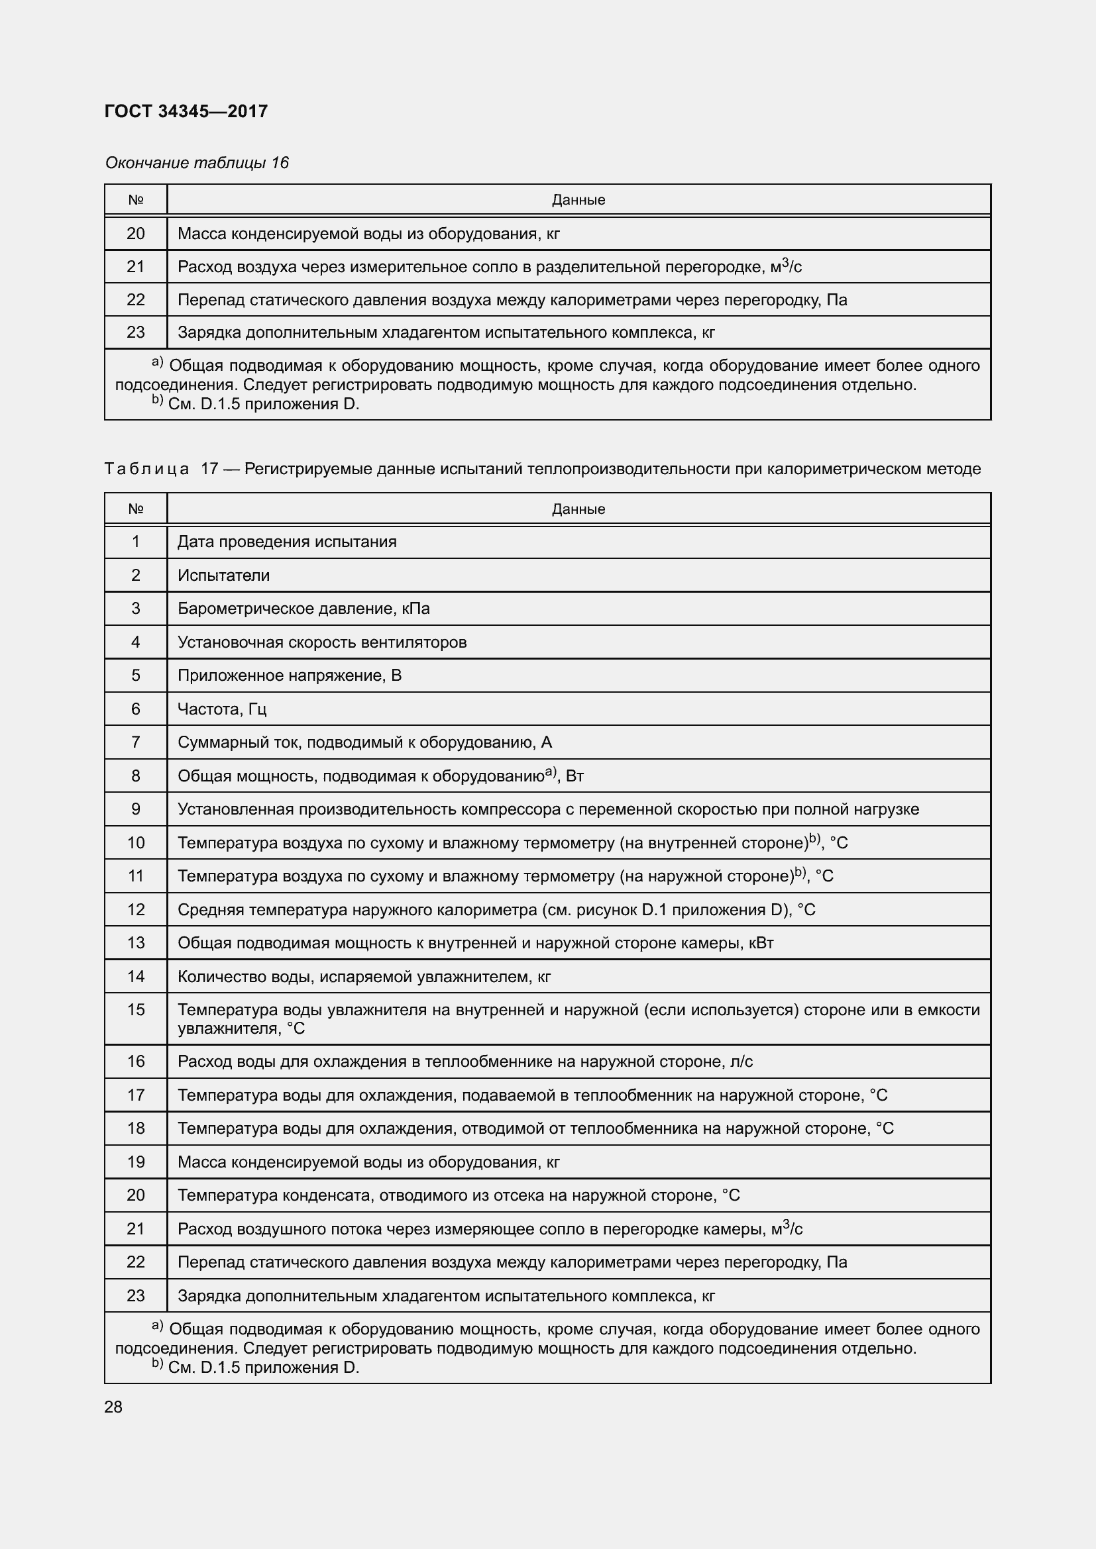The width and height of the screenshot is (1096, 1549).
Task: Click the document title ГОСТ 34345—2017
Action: (186, 111)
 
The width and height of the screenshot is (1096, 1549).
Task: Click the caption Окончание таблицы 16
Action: (196, 163)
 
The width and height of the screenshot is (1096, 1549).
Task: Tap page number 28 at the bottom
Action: (113, 1407)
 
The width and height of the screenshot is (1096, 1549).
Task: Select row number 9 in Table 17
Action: (136, 809)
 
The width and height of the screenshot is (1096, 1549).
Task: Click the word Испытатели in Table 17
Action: (223, 575)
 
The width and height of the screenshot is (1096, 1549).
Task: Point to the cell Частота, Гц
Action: (222, 709)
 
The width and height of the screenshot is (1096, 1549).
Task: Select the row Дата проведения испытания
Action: (287, 542)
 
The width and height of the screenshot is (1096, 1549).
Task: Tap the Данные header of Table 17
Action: (578, 509)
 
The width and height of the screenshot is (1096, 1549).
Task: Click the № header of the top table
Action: (136, 200)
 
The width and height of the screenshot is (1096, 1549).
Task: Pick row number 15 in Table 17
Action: (136, 1009)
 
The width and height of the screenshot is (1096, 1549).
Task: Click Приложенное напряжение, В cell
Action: (289, 675)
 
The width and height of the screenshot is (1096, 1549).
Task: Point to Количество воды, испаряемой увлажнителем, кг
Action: (364, 976)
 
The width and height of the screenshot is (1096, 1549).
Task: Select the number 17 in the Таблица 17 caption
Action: (209, 469)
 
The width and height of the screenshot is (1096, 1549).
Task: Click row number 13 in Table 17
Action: (136, 942)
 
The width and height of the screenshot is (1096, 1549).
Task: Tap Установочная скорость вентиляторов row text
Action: (322, 642)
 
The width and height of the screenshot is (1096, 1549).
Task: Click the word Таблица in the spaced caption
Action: (146, 469)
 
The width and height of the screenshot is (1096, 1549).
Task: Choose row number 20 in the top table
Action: (136, 233)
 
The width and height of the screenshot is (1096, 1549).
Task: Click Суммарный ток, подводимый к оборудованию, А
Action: (364, 742)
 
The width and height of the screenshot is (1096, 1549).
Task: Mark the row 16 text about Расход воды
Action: (465, 1061)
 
